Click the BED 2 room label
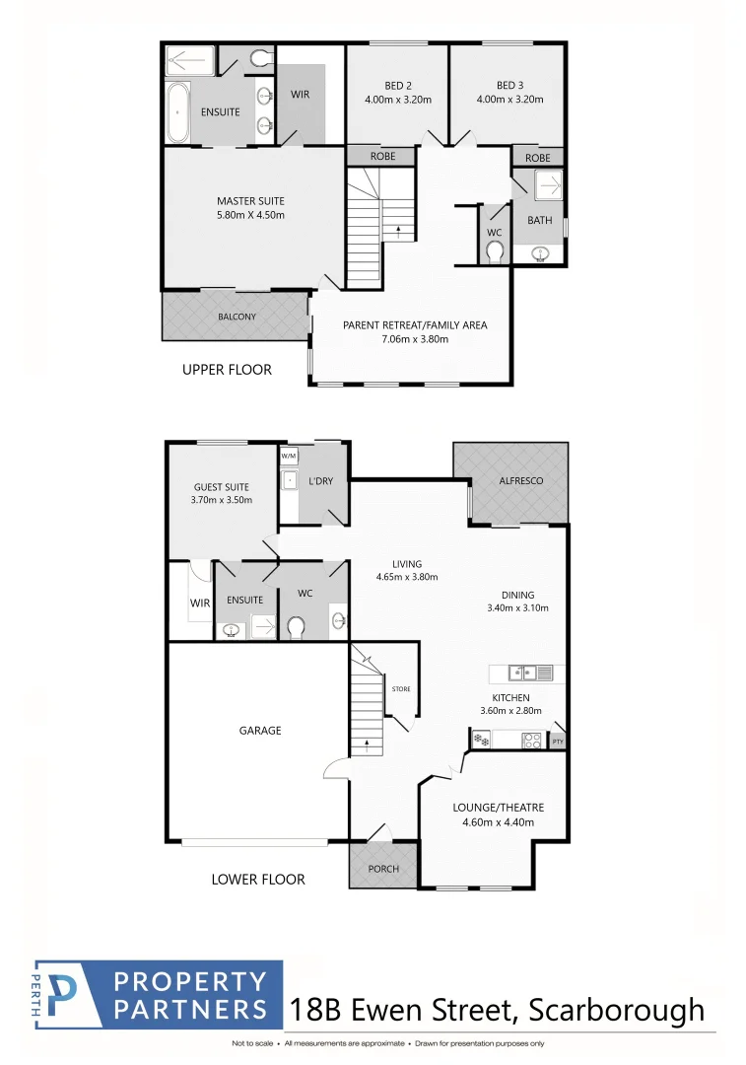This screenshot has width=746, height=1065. pyautogui.click(x=397, y=85)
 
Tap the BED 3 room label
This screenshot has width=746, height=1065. pyautogui.click(x=509, y=85)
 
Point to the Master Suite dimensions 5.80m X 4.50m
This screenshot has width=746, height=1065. pyautogui.click(x=250, y=215)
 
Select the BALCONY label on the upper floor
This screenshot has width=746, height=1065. pyautogui.click(x=237, y=317)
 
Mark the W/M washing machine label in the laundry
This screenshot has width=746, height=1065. pyautogui.click(x=289, y=456)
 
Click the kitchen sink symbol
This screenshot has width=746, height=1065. pyautogui.click(x=523, y=673)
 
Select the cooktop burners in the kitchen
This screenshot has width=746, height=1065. pyautogui.click(x=531, y=740)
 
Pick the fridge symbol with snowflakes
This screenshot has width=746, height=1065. pyautogui.click(x=480, y=740)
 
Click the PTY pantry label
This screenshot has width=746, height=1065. pyautogui.click(x=558, y=742)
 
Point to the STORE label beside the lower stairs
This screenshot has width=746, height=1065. pyautogui.click(x=400, y=688)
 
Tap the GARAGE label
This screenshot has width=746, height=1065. pyautogui.click(x=259, y=731)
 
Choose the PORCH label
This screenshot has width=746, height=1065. pyautogui.click(x=383, y=869)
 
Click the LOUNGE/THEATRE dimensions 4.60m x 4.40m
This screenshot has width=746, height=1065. pyautogui.click(x=498, y=821)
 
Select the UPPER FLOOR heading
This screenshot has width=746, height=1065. pyautogui.click(x=227, y=370)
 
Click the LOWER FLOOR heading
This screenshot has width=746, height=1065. pyautogui.click(x=258, y=879)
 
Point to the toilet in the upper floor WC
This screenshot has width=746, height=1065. pyautogui.click(x=495, y=253)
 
